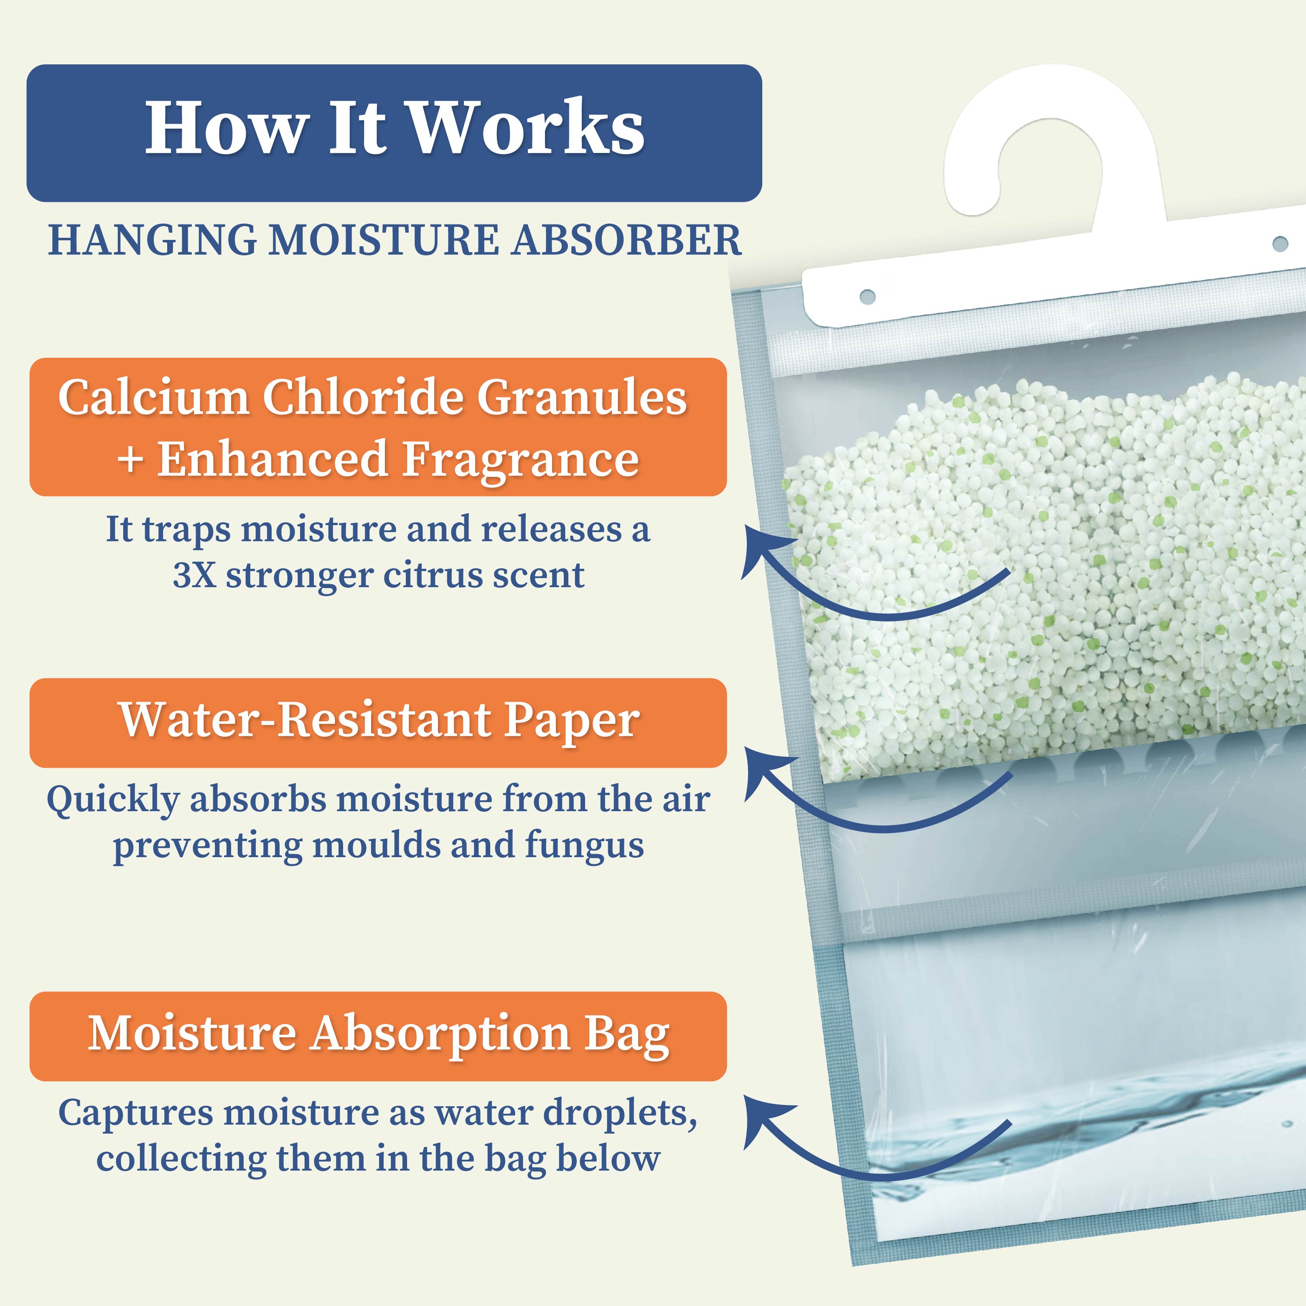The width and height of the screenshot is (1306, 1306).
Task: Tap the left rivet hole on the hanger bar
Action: point(867,297)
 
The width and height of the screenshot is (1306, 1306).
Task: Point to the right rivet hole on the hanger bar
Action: point(1280,243)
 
